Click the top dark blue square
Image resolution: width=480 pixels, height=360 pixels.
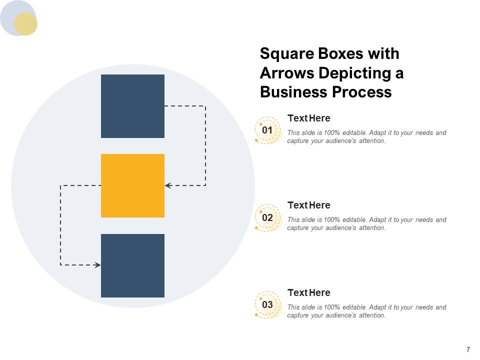132,106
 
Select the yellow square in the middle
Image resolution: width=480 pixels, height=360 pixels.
132,185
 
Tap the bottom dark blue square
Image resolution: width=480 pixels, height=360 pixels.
132,265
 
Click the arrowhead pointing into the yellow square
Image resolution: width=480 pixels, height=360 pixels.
168,185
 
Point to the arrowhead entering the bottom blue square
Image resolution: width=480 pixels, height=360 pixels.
97,265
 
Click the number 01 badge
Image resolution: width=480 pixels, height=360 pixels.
267,130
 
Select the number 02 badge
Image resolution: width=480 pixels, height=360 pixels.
267,217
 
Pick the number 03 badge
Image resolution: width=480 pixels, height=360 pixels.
267,304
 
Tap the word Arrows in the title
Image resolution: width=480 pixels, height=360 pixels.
287,73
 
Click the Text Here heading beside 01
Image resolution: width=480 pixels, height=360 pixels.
309,118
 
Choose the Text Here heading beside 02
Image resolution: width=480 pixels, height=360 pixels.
309,205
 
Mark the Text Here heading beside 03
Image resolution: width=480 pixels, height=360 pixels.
309,292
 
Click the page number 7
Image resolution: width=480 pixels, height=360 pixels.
468,349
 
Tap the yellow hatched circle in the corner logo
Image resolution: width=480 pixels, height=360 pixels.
25,23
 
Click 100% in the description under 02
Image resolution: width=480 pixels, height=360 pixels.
332,220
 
